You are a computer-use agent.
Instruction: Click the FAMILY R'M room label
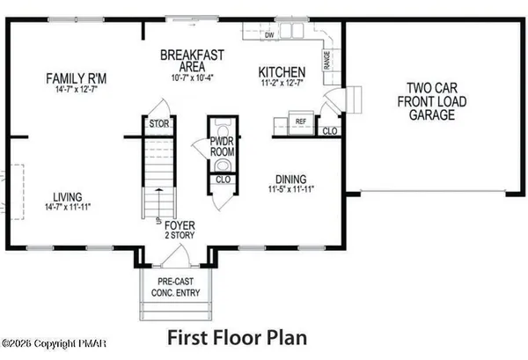76,79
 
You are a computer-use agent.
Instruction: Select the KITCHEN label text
281,71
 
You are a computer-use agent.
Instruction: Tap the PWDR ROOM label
221,147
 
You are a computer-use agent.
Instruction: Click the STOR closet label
159,124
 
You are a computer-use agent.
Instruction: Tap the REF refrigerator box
300,122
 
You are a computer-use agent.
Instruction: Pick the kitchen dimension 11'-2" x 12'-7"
281,84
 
